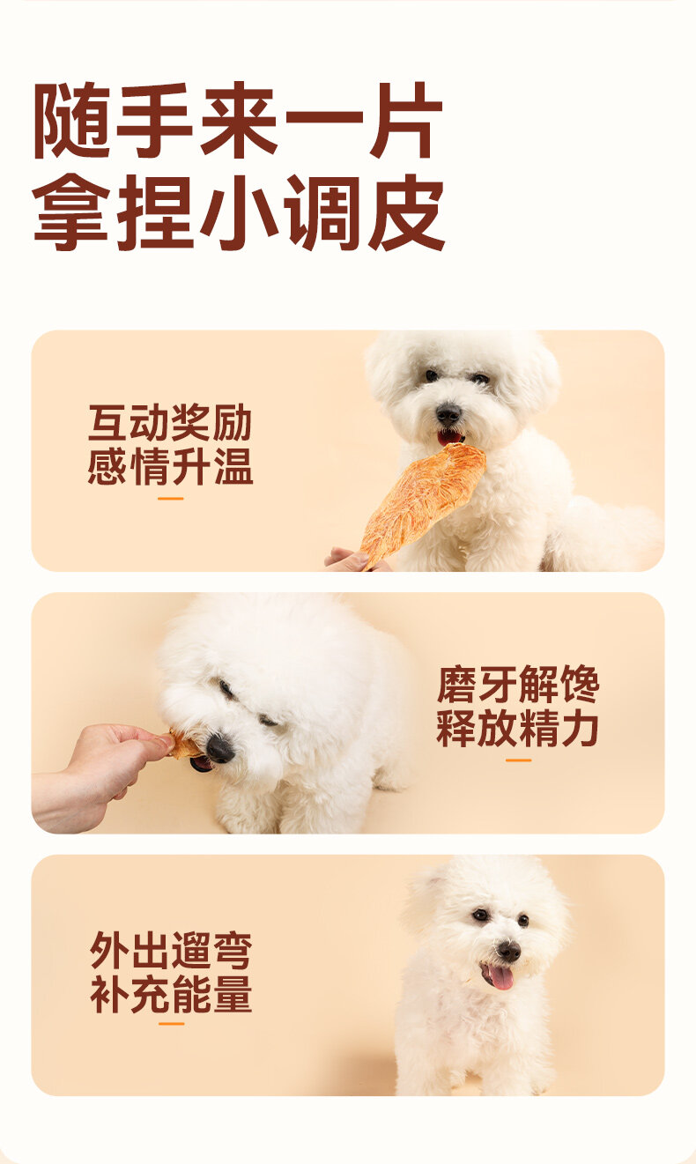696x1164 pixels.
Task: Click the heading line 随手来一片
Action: tap(238, 121)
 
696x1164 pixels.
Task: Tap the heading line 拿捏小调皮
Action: tap(239, 212)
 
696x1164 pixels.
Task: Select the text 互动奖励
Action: tap(170, 423)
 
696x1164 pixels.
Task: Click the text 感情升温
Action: tap(170, 467)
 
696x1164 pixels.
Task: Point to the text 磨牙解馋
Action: tap(518, 685)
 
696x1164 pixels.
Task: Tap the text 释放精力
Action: tap(518, 729)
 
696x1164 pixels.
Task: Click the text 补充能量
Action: tap(171, 994)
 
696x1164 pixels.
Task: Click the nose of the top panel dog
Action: tap(448, 414)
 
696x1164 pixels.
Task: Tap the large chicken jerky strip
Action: tap(422, 504)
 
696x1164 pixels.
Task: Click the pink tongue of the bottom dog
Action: tap(500, 977)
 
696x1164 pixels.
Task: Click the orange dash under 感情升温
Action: tap(171, 499)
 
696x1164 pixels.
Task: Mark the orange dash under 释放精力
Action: tap(518, 760)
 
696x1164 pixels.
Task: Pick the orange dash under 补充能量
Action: tap(172, 1024)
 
